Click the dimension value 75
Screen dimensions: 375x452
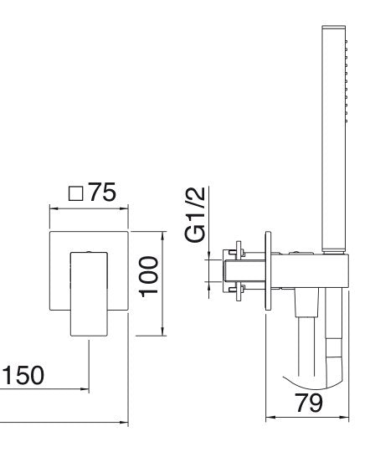pyautogui.click(x=102, y=192)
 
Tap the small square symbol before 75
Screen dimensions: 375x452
pyautogui.click(x=76, y=193)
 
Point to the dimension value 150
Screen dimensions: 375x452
pyautogui.click(x=23, y=375)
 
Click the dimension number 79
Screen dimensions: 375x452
pyautogui.click(x=309, y=403)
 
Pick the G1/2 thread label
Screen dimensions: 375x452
pyautogui.click(x=195, y=214)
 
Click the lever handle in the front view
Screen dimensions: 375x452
pyautogui.click(x=89, y=294)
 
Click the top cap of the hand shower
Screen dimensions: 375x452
pyautogui.click(x=333, y=27)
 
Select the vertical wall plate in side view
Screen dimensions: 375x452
pyautogui.click(x=268, y=270)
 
